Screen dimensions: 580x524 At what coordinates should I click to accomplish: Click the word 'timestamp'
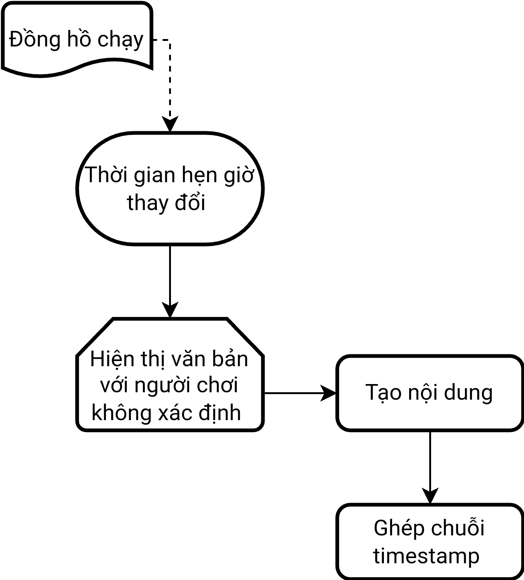(x=426, y=556)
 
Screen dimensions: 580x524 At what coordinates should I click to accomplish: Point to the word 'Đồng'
(x=35, y=39)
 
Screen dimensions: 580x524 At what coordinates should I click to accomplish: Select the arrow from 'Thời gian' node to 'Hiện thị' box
(x=170, y=279)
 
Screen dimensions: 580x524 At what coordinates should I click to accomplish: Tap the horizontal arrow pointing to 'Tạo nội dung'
(x=297, y=393)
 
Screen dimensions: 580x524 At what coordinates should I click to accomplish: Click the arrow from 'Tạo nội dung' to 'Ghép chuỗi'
(x=430, y=465)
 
